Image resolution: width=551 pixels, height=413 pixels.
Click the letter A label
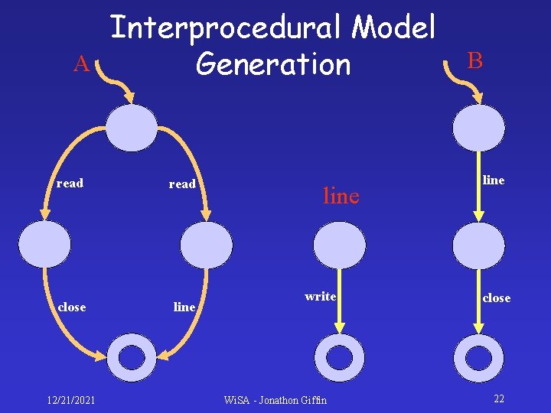click(81, 65)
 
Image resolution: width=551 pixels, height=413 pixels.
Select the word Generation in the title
click(272, 64)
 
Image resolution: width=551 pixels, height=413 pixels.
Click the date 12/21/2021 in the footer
click(70, 400)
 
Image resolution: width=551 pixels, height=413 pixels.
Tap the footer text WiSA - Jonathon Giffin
click(275, 400)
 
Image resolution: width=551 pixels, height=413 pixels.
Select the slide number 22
click(499, 399)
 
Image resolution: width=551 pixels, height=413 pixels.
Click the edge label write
click(320, 296)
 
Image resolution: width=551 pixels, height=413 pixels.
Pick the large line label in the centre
click(341, 197)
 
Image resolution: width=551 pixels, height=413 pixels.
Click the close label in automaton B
click(496, 298)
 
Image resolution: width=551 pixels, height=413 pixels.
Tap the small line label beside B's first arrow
click(494, 180)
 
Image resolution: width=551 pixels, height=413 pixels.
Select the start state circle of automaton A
click(132, 128)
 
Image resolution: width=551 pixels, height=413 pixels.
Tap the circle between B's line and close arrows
click(478, 246)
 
